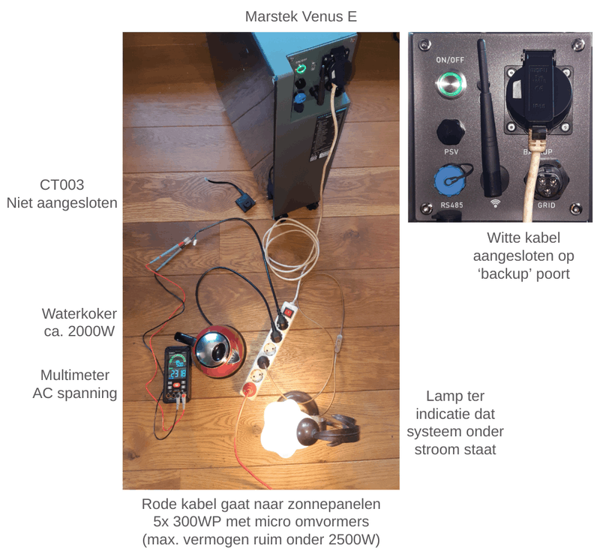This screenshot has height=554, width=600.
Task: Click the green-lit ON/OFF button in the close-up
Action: click(x=451, y=83)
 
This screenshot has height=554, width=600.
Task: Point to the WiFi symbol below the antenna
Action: click(x=495, y=202)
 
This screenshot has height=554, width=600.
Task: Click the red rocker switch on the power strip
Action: click(x=288, y=313)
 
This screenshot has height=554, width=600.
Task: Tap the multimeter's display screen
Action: click(x=178, y=367)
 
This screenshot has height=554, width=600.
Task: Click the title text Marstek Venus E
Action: click(x=301, y=16)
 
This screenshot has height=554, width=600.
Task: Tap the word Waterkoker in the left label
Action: click(x=79, y=313)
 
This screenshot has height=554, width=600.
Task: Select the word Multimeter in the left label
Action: click(x=75, y=376)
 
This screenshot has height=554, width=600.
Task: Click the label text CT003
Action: click(x=62, y=185)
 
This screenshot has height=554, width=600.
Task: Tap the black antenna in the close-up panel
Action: click(x=489, y=118)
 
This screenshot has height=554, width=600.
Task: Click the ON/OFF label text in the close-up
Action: click(x=450, y=60)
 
